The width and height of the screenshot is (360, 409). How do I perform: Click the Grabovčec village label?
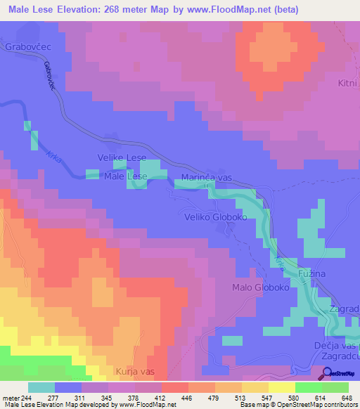click(25, 48)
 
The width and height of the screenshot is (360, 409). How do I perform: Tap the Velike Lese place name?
click(122, 158)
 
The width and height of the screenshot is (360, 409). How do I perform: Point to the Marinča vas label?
click(207, 178)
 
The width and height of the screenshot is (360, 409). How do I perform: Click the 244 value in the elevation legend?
click(28, 397)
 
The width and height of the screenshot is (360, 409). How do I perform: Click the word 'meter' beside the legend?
click(10, 397)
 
